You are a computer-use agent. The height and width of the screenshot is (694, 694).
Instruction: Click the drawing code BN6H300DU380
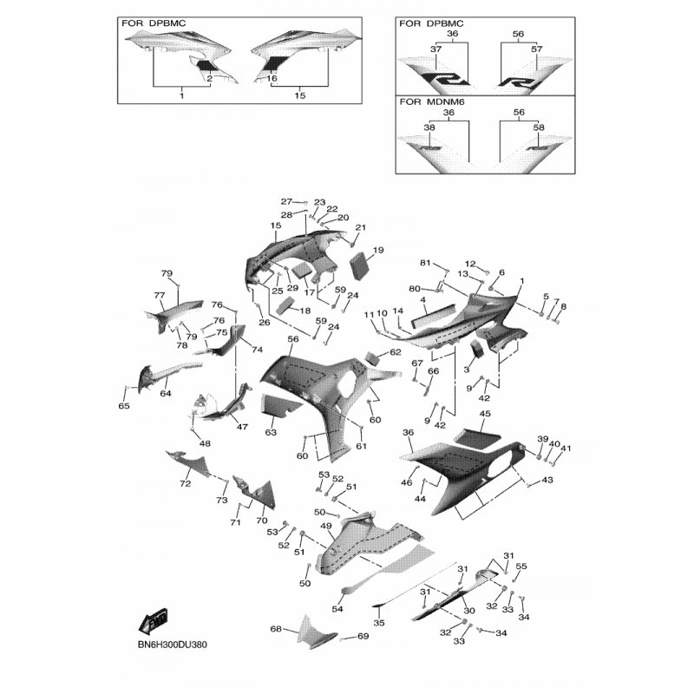tap(172, 645)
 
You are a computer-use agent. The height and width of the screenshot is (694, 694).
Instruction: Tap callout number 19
tap(378, 250)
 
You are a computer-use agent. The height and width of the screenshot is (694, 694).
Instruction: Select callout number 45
tap(485, 414)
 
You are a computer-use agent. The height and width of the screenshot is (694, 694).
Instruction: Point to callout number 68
tap(276, 628)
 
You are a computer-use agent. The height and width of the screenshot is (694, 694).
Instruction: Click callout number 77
tap(160, 295)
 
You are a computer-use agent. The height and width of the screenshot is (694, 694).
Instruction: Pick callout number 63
tap(271, 432)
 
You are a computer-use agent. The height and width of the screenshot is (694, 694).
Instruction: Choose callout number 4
tap(423, 300)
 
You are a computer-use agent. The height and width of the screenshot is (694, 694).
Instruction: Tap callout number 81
tap(425, 263)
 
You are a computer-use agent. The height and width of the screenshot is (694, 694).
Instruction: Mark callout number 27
tap(287, 202)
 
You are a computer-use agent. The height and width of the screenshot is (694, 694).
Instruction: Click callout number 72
tap(185, 484)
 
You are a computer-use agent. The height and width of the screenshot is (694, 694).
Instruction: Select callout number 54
tap(337, 609)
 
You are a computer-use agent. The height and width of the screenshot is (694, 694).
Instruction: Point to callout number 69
tap(363, 636)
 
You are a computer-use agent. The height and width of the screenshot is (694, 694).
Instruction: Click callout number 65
tap(124, 406)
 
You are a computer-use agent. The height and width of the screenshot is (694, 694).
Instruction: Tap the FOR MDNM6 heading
tap(426, 101)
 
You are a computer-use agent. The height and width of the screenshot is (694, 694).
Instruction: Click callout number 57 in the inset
tap(536, 49)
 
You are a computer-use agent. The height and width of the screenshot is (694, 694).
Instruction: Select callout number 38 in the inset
tap(429, 128)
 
